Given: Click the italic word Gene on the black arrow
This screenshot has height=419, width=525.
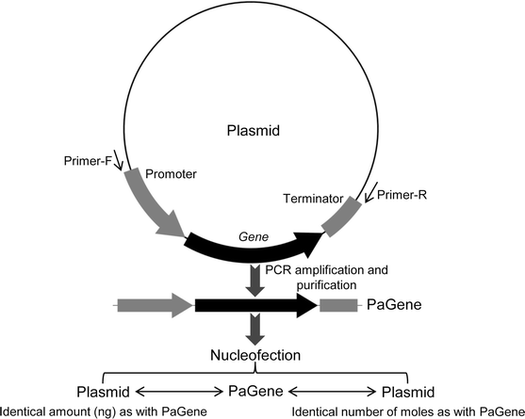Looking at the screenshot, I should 247,234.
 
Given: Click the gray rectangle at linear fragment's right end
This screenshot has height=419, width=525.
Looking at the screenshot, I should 338,305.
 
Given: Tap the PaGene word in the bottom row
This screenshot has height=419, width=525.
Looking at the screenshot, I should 257,391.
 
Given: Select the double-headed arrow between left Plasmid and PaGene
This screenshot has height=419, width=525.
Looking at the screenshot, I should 178,391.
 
